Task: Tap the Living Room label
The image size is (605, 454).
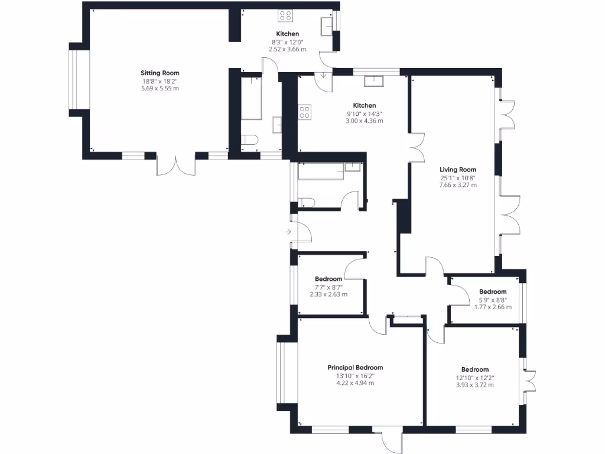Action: [458, 169]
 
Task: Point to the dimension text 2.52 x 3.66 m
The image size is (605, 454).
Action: [288, 50]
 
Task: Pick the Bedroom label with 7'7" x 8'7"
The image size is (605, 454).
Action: [328, 279]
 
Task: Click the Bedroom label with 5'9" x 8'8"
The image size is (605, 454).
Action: [493, 291]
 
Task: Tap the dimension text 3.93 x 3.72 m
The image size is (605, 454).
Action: [475, 385]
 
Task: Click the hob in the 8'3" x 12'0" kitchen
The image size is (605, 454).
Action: [285, 16]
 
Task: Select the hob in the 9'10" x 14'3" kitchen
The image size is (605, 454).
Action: [305, 112]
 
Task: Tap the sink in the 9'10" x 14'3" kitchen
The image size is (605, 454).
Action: [373, 81]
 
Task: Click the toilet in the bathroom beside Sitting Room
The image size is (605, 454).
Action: [250, 141]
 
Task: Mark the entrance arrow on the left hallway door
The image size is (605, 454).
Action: [288, 232]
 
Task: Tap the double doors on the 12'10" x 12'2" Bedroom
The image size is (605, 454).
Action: [528, 380]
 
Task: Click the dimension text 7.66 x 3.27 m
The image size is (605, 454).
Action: [458, 185]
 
